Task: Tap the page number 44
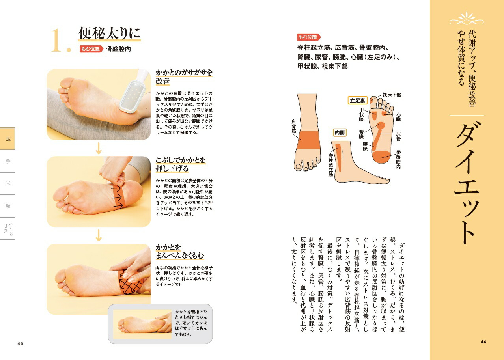pos(483,342)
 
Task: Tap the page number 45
pos(20,343)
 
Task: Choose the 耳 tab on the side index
pos(8,184)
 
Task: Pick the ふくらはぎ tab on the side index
pos(8,228)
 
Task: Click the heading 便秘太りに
pos(109,33)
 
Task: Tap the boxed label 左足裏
pos(357,101)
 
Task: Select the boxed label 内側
pos(340,132)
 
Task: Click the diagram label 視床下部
pos(392,95)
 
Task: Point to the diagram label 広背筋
pos(294,126)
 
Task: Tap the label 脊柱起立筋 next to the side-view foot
pos(330,165)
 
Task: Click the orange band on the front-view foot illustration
pos(308,140)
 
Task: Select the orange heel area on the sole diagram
pos(381,157)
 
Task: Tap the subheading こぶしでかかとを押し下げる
pos(181,164)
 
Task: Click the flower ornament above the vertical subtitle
pos(467,19)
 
